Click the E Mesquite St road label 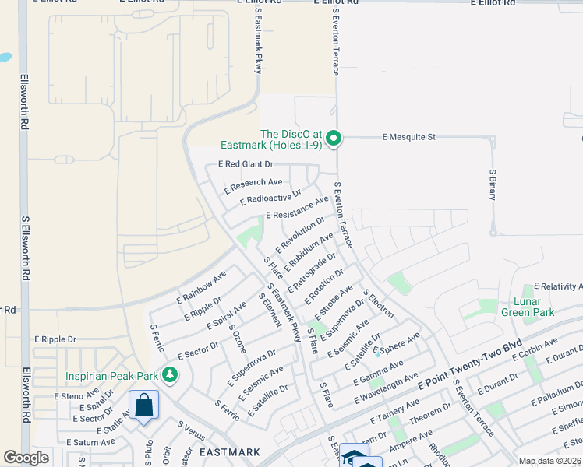pos(408,137)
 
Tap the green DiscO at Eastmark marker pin pos(334,139)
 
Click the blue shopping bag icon pos(144,406)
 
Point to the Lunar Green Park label pos(532,307)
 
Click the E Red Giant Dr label pos(246,164)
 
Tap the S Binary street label pos(493,184)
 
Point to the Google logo pos(26,458)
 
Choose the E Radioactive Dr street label pos(270,198)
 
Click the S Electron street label pos(379,304)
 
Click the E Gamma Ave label pos(377,373)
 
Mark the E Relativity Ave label pos(557,287)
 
